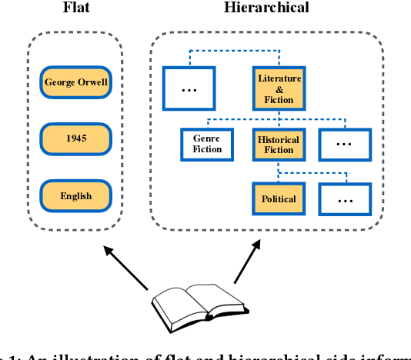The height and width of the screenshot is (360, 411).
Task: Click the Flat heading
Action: (x=75, y=8)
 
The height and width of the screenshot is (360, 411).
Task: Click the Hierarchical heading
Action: (x=266, y=8)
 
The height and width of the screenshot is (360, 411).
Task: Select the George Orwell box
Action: (x=76, y=82)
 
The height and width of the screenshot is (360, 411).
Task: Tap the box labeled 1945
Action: (x=76, y=139)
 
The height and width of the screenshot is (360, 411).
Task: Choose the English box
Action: (x=76, y=195)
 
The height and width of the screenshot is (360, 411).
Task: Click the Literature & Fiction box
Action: (x=279, y=88)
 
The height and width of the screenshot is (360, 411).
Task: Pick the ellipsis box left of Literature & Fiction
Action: (x=189, y=88)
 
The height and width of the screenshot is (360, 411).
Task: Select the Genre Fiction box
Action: (x=206, y=144)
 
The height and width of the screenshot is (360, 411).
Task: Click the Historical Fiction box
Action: (x=279, y=144)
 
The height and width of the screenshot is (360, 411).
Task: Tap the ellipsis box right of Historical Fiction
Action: (x=345, y=144)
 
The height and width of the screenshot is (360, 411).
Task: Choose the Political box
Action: (x=279, y=198)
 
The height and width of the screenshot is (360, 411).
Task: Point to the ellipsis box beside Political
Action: (x=345, y=198)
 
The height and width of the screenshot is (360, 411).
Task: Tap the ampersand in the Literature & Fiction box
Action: (x=279, y=89)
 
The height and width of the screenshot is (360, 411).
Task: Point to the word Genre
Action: (x=206, y=138)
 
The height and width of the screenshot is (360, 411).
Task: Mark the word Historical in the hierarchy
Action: (x=279, y=139)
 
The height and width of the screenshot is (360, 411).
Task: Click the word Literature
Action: (x=279, y=78)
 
